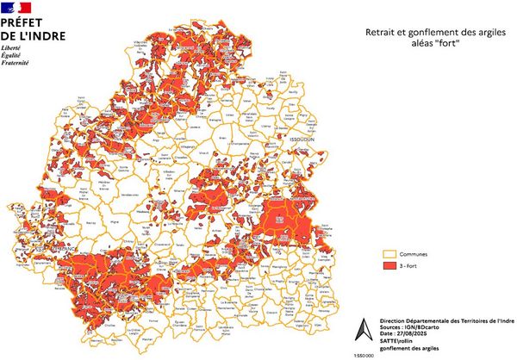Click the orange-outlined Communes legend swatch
[389, 255]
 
